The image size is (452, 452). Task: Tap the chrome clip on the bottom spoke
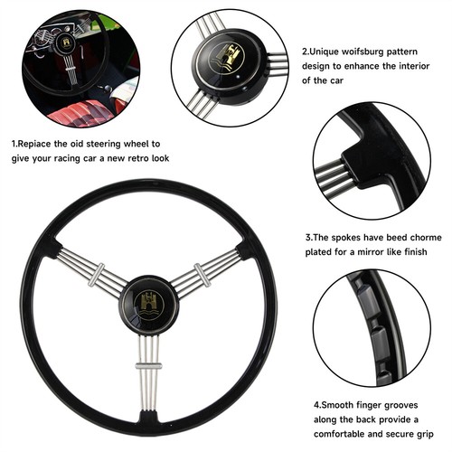tap(148, 366)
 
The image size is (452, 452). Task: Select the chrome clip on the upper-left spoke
tap(96, 275)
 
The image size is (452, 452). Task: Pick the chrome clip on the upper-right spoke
tap(202, 275)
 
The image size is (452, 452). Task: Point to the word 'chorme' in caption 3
tap(426, 237)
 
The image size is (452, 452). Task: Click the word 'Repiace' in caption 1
tap(34, 144)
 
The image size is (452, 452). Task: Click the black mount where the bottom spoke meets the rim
tap(148, 418)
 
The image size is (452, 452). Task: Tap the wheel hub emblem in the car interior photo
tap(66, 42)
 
